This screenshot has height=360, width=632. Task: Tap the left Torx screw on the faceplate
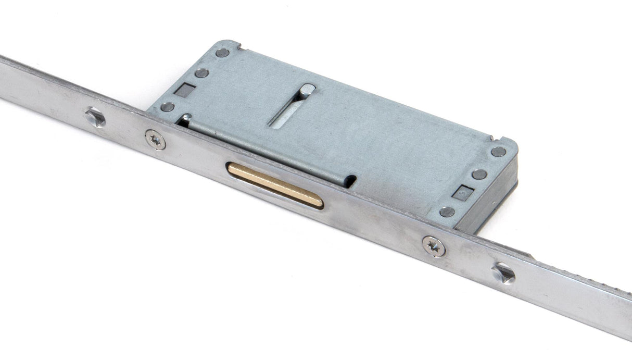(x=155, y=139)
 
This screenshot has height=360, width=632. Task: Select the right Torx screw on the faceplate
(x=434, y=246)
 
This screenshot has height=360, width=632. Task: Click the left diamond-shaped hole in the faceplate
(x=95, y=117)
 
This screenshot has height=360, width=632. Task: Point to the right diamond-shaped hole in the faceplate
(x=503, y=273)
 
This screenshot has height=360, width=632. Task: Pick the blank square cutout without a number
(x=185, y=90)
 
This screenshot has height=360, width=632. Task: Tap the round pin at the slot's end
(x=307, y=90)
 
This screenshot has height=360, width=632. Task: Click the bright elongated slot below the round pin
(x=286, y=114)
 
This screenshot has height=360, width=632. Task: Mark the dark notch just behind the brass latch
(x=351, y=181)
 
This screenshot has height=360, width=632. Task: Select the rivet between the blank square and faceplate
(x=167, y=107)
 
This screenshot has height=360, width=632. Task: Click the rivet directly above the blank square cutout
(x=202, y=73)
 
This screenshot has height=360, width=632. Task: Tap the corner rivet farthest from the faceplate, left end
(x=223, y=52)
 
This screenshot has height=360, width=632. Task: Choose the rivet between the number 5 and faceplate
(x=447, y=212)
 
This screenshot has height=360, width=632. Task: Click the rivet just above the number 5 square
(x=479, y=174)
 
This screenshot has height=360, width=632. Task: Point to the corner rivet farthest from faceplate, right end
(x=499, y=152)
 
